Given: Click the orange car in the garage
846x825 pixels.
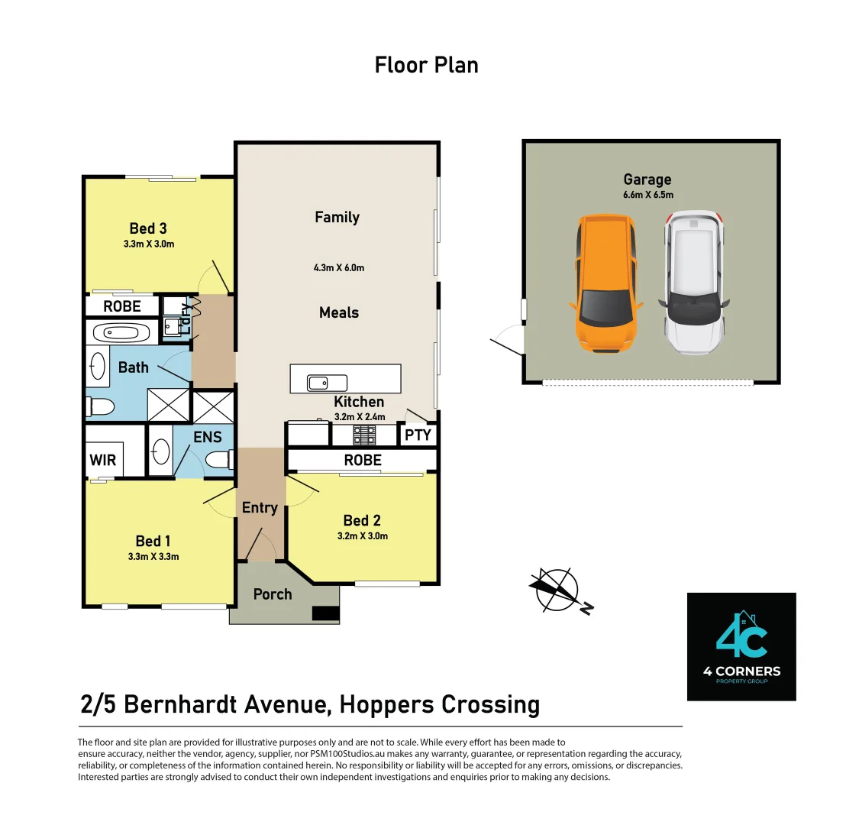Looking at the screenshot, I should point(605,284).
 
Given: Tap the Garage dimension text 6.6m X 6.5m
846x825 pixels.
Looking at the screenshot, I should point(647,195).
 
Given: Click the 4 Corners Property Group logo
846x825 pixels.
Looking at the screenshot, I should point(741,646).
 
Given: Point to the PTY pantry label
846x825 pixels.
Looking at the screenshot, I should point(418,435).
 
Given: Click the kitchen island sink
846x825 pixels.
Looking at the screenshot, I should point(327,382).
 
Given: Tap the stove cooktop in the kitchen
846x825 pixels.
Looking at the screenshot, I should point(363,435).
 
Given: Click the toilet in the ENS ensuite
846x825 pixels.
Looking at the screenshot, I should point(222,460).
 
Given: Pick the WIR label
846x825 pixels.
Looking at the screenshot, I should point(103,461).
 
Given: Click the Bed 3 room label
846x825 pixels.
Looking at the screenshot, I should point(148,228).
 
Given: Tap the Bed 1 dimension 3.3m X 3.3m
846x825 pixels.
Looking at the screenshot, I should point(153,556).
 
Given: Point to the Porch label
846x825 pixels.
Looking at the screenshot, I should point(273,594).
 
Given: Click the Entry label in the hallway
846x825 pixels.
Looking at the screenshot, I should point(260,507).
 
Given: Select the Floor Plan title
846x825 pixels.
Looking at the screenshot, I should point(426,65).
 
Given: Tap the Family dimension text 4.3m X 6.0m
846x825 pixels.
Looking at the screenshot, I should point(339,267).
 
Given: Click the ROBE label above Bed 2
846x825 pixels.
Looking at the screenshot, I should point(363,460).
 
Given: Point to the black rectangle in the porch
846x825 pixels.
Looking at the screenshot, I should point(325,613).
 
